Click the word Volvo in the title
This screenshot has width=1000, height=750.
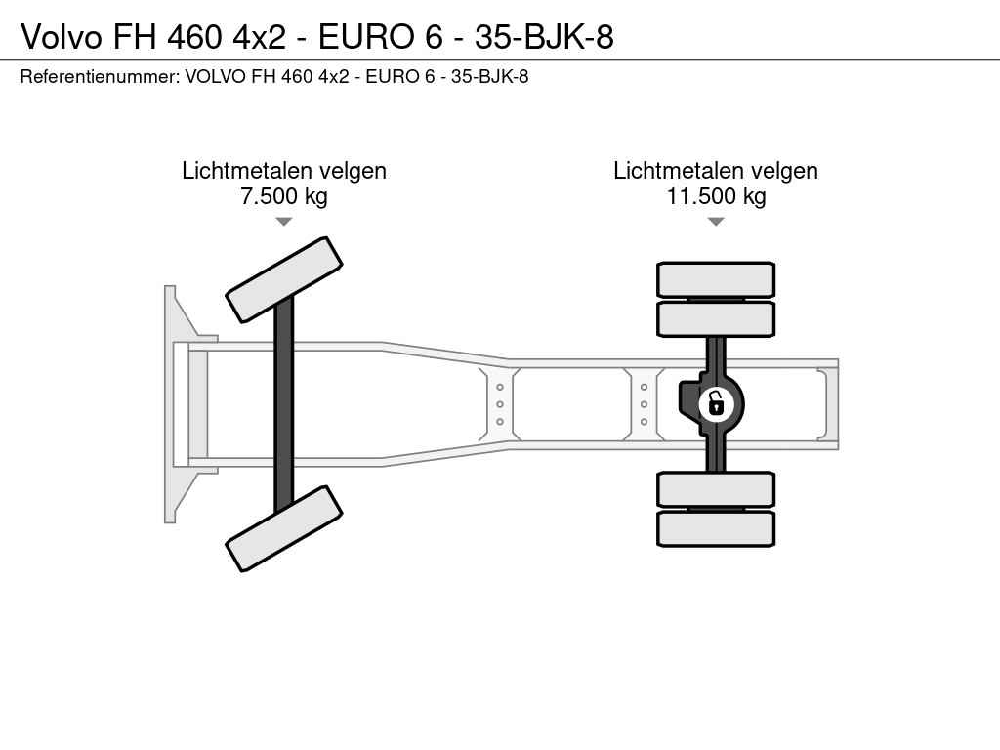click(62, 37)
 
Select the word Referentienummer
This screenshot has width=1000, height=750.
click(100, 76)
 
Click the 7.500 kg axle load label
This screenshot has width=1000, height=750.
click(284, 195)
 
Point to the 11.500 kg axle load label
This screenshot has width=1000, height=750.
click(716, 195)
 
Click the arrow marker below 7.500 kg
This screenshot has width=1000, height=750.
click(284, 222)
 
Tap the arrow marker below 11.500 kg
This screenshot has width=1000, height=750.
click(716, 222)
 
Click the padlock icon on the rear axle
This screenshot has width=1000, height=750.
click(716, 404)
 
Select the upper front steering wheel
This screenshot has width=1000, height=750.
click(284, 279)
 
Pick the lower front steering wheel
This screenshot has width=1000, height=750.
click(284, 528)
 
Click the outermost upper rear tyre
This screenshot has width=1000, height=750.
click(716, 279)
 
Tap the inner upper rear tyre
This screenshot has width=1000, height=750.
click(716, 318)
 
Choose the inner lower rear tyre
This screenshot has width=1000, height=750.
click(716, 490)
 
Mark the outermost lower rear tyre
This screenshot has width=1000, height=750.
click(716, 528)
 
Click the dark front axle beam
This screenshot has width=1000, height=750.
click(284, 404)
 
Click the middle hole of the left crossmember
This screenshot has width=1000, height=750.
click(500, 404)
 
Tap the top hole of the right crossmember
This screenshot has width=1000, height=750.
click(645, 387)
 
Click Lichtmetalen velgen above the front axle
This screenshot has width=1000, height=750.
click(284, 171)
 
